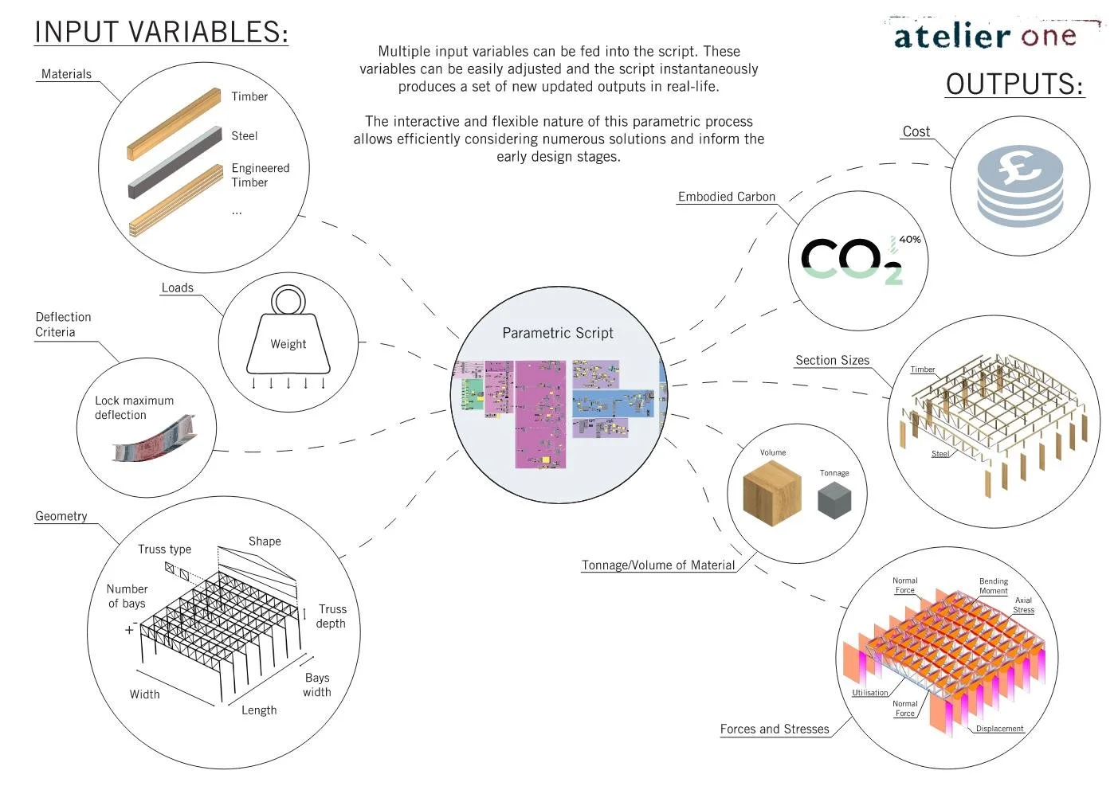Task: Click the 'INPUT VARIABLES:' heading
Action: pos(161,33)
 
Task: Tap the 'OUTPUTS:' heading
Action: pos(1014,84)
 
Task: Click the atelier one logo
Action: pos(985,36)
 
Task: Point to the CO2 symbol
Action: pos(850,260)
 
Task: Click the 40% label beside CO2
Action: pos(909,239)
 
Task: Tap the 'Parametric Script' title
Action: pos(558,333)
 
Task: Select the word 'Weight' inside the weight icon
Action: pos(288,344)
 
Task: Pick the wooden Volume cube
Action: pos(771,493)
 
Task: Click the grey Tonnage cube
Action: pos(834,500)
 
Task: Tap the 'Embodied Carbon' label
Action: pos(726,197)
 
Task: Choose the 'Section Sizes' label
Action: pos(832,360)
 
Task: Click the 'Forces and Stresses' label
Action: pos(774,729)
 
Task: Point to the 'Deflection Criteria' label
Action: pos(63,324)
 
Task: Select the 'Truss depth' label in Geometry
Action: pos(331,616)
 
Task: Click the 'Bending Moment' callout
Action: pos(993,585)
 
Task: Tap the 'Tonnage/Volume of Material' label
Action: pos(657,565)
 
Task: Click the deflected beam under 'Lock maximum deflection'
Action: pos(154,440)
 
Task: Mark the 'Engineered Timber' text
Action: pos(260,174)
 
